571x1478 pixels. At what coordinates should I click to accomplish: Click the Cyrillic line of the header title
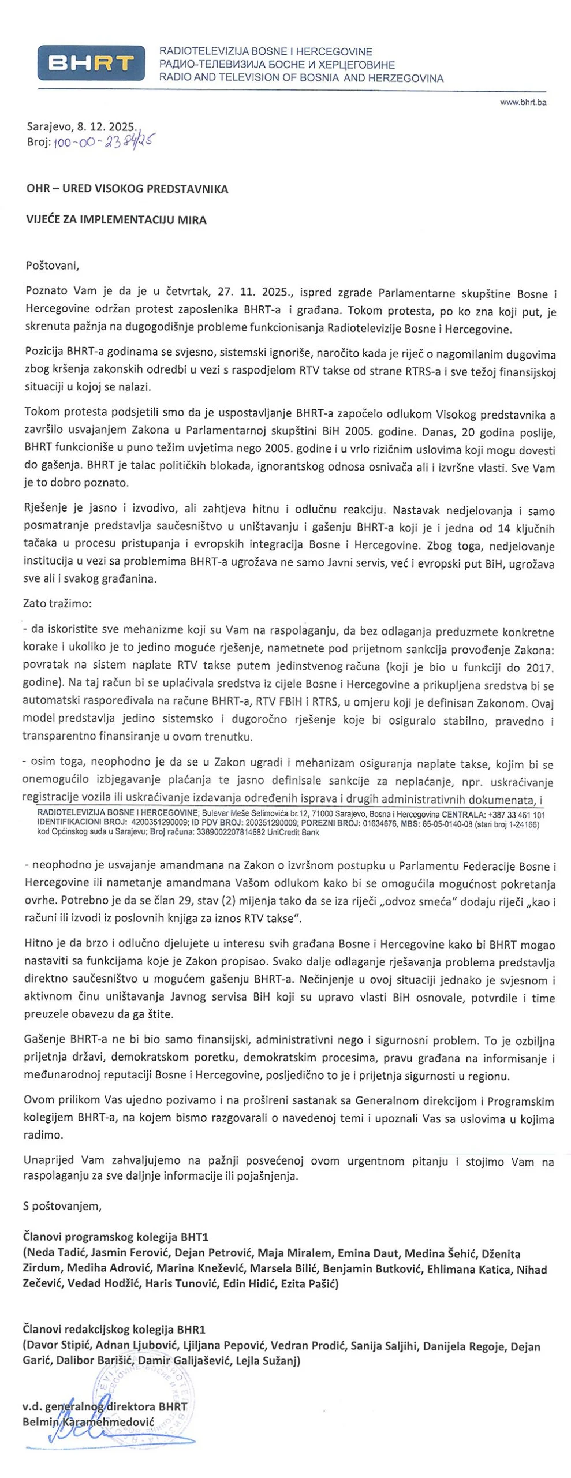pos(278,65)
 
